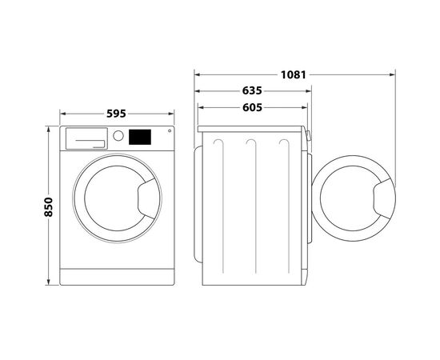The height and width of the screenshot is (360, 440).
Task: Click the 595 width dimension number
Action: coord(117,114)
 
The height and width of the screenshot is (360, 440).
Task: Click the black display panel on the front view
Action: coord(140,137)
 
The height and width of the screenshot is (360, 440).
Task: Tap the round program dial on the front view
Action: coord(118,136)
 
